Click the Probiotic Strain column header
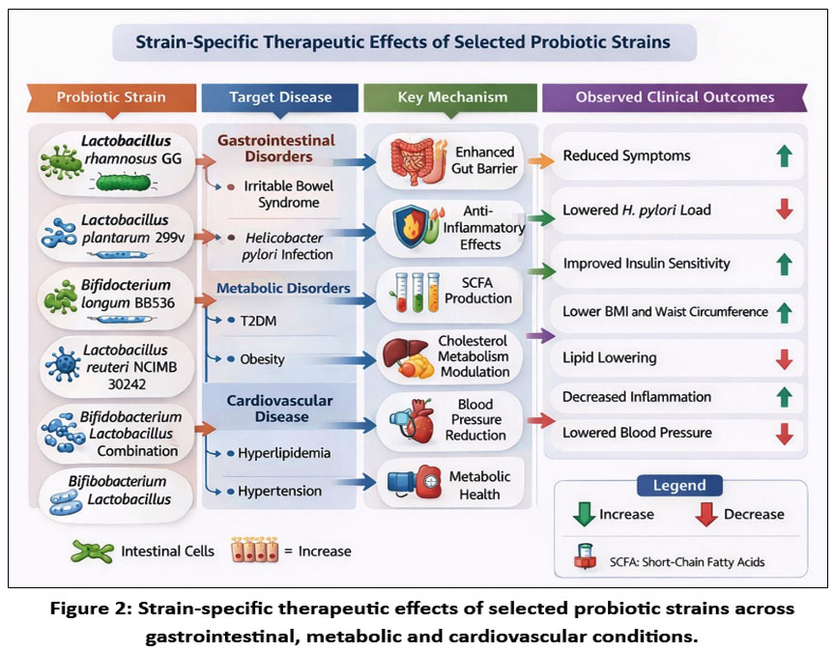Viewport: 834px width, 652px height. click(x=111, y=97)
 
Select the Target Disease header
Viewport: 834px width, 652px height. click(x=280, y=97)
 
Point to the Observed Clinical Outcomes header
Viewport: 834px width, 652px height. click(x=675, y=97)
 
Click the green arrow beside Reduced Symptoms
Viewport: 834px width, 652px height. click(x=784, y=156)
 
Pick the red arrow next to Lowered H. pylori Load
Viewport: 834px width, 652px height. click(x=784, y=209)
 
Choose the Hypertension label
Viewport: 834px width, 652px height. click(x=279, y=491)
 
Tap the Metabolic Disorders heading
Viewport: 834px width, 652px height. click(x=283, y=288)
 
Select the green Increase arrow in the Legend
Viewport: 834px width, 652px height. click(x=584, y=514)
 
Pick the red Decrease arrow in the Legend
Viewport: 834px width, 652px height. click(x=706, y=514)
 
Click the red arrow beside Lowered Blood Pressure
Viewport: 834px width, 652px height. click(x=784, y=433)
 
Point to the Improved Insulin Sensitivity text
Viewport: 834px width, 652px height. click(x=647, y=263)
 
